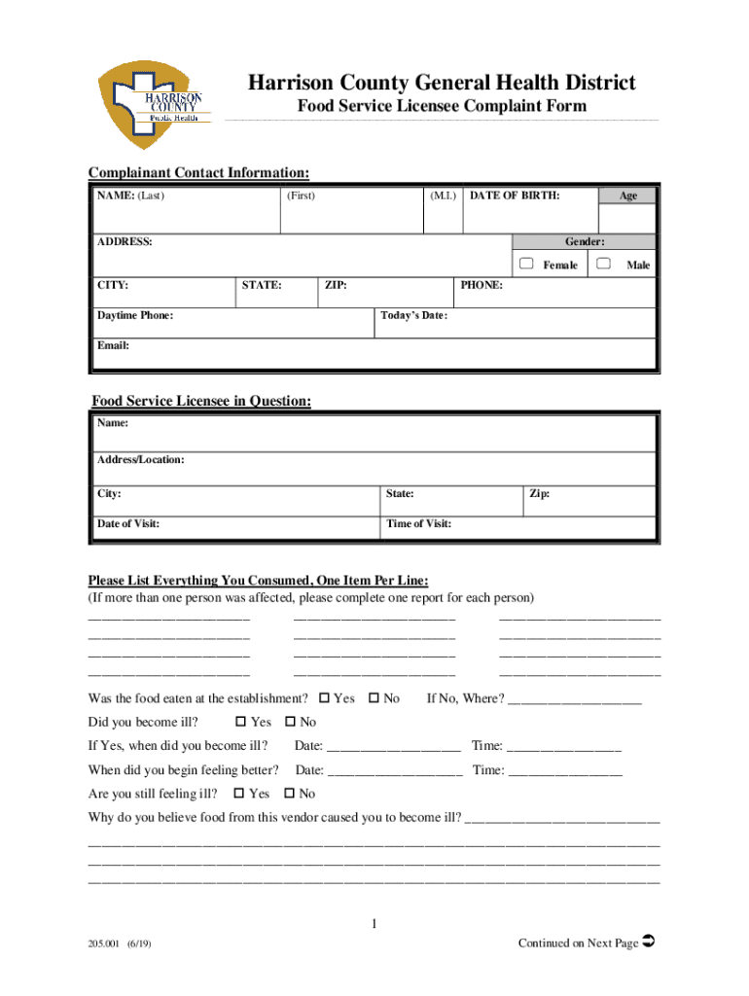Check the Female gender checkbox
point(526,264)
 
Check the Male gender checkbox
point(604,264)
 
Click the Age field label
point(628,196)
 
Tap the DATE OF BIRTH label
point(515,196)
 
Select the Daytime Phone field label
point(135,315)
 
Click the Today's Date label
point(414,315)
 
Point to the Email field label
point(113,345)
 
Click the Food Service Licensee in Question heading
point(201,401)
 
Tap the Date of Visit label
point(128,524)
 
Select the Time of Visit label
point(418,524)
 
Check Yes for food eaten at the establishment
point(324,698)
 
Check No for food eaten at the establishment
point(374,698)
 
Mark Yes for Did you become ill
point(241,722)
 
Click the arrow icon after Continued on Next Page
point(650,941)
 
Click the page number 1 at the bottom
point(374,923)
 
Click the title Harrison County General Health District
point(441,83)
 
